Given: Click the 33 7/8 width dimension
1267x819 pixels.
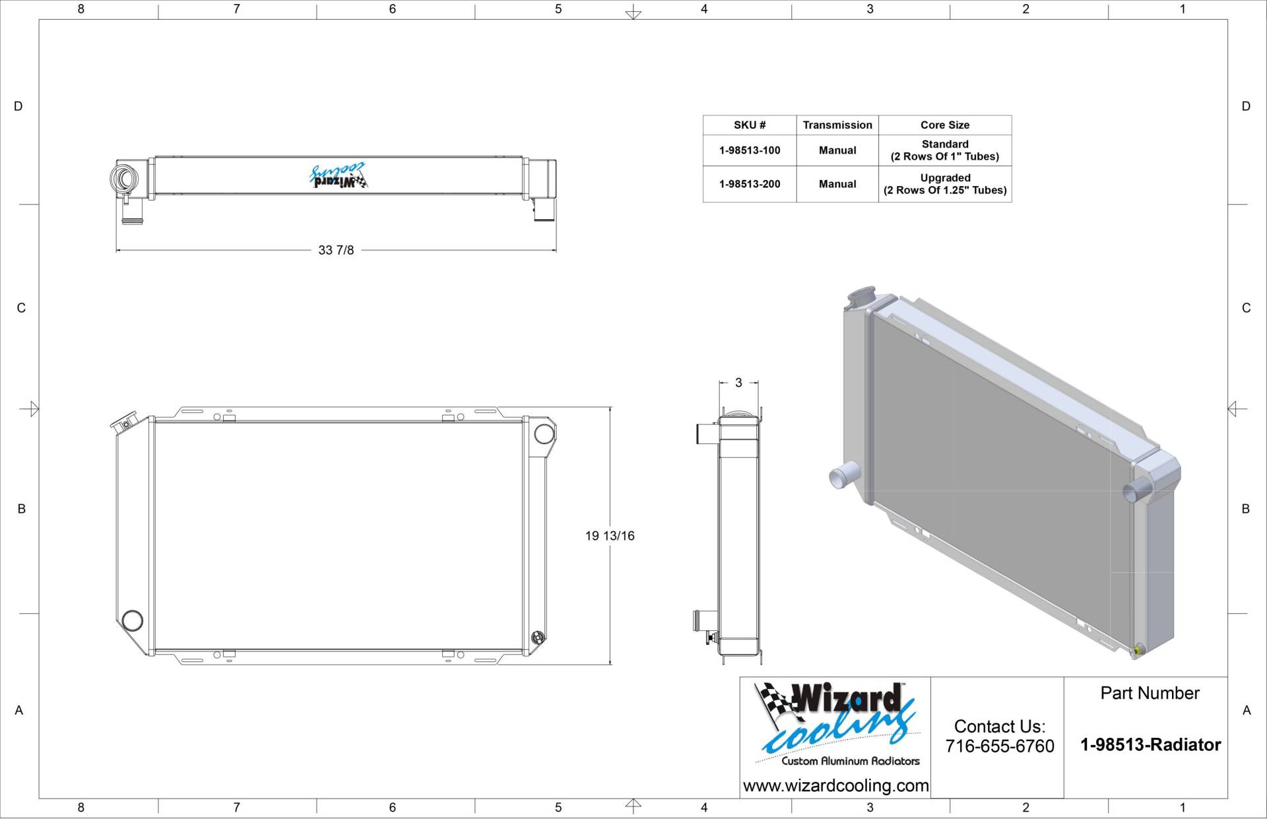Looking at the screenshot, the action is coord(336,250).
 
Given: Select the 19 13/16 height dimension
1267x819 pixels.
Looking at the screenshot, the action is coord(610,536).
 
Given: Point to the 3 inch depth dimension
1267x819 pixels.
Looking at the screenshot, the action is coord(738,383).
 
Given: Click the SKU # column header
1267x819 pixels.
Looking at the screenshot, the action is coord(750,125).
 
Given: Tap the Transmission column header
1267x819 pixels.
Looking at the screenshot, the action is coord(837,125).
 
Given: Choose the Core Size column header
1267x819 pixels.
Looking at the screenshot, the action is coord(945,125).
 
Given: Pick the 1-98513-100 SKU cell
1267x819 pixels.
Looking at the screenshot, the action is coord(750,150).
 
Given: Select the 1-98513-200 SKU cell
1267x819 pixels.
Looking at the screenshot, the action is coord(750,184).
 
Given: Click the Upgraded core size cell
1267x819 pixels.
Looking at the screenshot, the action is coord(945,184).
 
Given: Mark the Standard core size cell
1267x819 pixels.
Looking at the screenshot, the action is coord(945,150).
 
